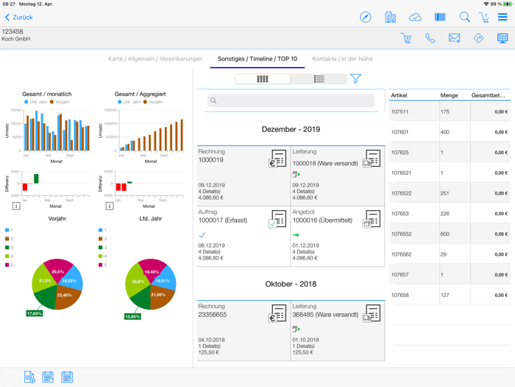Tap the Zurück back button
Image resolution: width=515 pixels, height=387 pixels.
pos(19,17)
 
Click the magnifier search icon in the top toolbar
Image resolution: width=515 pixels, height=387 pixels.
pos(464,17)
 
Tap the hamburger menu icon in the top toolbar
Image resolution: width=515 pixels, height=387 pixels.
pos(502,17)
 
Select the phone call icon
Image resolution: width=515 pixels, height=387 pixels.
pos(430,38)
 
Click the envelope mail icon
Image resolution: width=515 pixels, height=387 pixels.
pos(454,38)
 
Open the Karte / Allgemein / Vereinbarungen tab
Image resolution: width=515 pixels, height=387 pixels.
pos(155,59)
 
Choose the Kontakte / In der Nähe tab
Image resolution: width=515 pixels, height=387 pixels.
pos(342,59)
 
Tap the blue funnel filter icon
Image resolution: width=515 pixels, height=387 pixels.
pos(355,79)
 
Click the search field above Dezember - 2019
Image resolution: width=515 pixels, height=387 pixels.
pos(291,100)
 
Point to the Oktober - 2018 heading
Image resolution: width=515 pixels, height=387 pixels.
pos(291,284)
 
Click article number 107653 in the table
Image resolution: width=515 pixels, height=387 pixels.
pos(400,214)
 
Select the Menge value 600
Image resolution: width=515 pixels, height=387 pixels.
pos(446,234)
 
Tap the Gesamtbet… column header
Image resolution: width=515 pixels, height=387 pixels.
pos(489,95)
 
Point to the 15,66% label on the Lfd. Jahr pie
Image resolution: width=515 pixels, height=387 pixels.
pos(132,316)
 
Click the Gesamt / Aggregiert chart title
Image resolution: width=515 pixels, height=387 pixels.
pos(140,94)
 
